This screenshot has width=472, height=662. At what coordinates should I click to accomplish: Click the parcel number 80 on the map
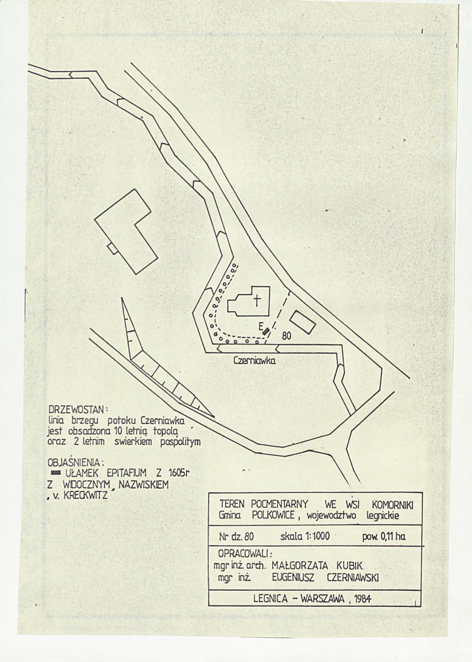pyautogui.click(x=287, y=336)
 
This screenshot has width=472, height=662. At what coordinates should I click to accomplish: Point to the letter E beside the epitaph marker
pyautogui.click(x=261, y=326)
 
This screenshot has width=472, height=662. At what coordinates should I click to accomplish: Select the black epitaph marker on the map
pyautogui.click(x=266, y=331)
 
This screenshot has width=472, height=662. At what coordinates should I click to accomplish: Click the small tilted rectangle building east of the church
pyautogui.click(x=303, y=321)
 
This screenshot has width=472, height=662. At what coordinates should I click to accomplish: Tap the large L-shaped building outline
pyautogui.click(x=126, y=232)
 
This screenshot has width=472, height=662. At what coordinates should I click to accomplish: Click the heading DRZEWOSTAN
pyautogui.click(x=78, y=410)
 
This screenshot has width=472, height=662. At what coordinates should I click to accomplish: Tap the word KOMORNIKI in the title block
pyautogui.click(x=393, y=505)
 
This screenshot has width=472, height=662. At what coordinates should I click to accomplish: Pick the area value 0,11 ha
pyautogui.click(x=393, y=537)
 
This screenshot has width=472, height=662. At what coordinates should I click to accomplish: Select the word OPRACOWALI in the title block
pyautogui.click(x=245, y=553)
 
